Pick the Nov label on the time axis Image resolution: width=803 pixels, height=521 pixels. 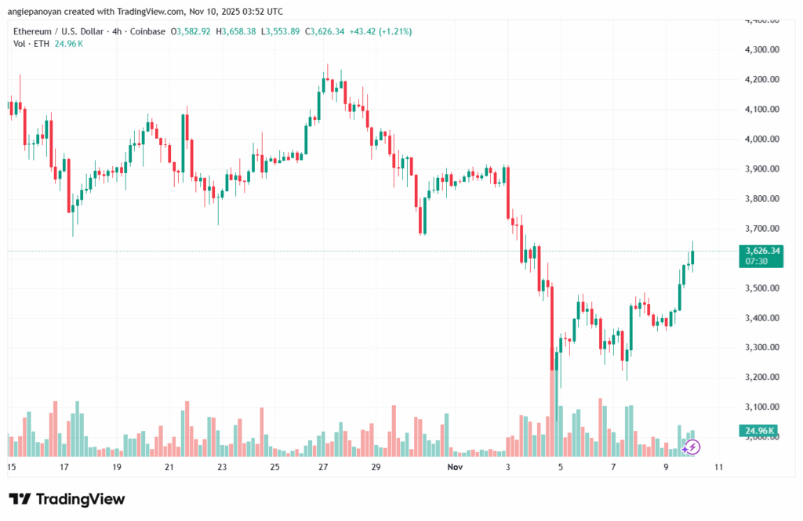tap(456, 467)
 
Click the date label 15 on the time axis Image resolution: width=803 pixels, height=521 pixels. tap(11, 467)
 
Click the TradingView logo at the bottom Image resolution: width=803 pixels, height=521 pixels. tap(67, 499)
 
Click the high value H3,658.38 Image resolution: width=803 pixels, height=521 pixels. tap(243, 31)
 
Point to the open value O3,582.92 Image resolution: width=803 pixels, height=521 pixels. tap(196, 31)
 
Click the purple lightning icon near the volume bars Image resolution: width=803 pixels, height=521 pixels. tap(692, 447)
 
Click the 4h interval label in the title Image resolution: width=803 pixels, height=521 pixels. tap(100, 31)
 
